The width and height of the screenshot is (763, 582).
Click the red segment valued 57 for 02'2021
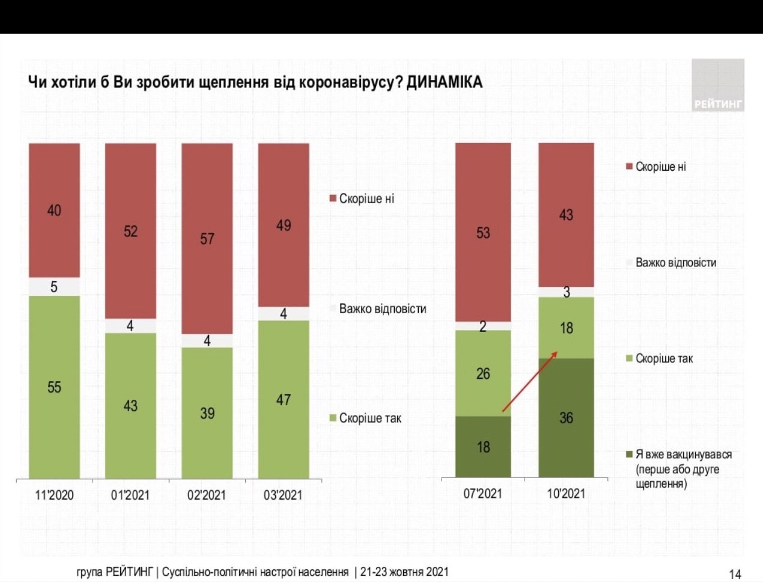pyautogui.click(x=207, y=238)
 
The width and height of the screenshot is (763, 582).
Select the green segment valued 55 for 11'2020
pyautogui.click(x=54, y=387)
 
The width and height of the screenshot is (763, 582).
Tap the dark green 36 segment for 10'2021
pyautogui.click(x=566, y=417)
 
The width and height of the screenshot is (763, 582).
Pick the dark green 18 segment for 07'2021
pyautogui.click(x=483, y=447)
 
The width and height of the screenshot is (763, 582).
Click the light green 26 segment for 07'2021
pyautogui.click(x=483, y=373)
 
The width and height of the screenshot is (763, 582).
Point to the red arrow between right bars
pyautogui.click(x=529, y=382)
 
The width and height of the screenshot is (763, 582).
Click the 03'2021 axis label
pyautogui.click(x=283, y=495)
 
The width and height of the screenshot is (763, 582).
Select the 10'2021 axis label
pyautogui.click(x=566, y=494)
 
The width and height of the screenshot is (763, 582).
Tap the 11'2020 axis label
pyautogui.click(x=54, y=495)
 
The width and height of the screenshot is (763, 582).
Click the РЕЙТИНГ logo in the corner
pyautogui.click(x=718, y=85)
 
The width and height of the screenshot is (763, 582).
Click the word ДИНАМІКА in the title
pyautogui.click(x=445, y=82)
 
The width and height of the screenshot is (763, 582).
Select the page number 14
pyautogui.click(x=735, y=574)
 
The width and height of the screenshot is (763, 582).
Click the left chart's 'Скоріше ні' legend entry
pyautogui.click(x=362, y=198)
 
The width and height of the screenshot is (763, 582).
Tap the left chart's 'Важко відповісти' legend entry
pyautogui.click(x=378, y=308)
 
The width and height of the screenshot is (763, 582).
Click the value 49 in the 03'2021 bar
pyautogui.click(x=284, y=225)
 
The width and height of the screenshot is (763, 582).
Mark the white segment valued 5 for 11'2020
pyautogui.click(x=54, y=286)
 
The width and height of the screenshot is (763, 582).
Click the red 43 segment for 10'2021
pyautogui.click(x=566, y=214)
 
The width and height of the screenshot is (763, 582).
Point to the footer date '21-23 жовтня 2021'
pyautogui.click(x=404, y=572)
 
